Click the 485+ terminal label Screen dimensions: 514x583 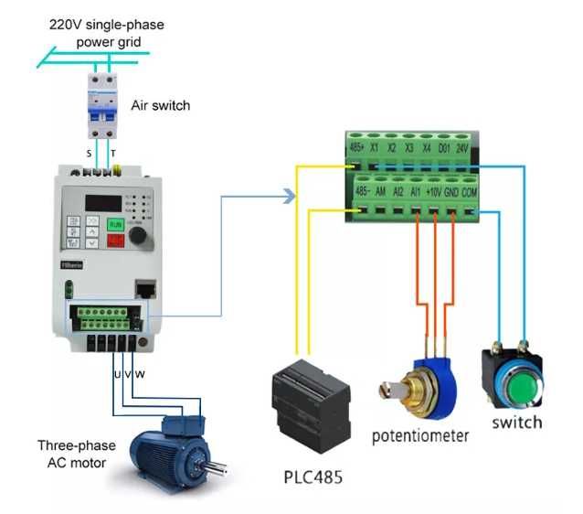coord(357,146)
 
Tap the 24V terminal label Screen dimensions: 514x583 coord(462,146)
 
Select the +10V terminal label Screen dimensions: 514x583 coord(433,192)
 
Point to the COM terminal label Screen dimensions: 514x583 coord(469,192)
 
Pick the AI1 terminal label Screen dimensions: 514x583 coord(416,192)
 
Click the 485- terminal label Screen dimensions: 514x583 coord(361,192)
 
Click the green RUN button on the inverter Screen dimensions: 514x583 coord(116,223)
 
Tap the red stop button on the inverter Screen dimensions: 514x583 coord(116,240)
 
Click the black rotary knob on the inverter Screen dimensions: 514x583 coord(139,235)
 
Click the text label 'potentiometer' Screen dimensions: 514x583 coord(419,435)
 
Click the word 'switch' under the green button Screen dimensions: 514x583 coord(516,422)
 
